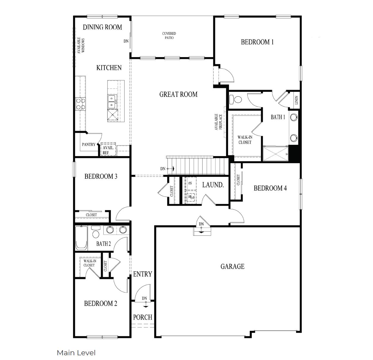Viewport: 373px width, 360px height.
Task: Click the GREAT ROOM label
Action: coord(178,95)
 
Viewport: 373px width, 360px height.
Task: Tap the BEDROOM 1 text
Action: coord(257,42)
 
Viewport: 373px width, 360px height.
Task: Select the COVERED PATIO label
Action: coord(169,36)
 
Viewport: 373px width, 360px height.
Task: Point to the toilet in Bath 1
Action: coord(236,99)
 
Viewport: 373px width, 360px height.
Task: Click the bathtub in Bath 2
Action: coord(81,238)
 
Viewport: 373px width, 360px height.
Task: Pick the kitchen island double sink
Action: coord(112,102)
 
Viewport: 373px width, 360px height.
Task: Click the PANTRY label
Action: coord(88,144)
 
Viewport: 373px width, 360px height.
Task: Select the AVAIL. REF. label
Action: coord(108,150)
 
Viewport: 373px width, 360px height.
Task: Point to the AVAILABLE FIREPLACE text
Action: coord(218,122)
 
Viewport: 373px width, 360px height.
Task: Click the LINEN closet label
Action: coord(296,100)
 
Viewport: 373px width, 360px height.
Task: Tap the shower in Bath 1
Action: coord(276,154)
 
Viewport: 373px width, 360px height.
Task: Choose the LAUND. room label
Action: coord(213,185)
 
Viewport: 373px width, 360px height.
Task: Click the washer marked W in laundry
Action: coord(190,196)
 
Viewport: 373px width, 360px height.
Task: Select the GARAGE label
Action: coord(232,266)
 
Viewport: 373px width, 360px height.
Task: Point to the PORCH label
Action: coord(143,317)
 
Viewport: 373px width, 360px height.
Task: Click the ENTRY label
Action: coord(143,274)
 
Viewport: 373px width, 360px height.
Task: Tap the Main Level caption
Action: coord(76,353)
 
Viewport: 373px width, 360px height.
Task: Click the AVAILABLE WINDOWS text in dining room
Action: coord(81,45)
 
